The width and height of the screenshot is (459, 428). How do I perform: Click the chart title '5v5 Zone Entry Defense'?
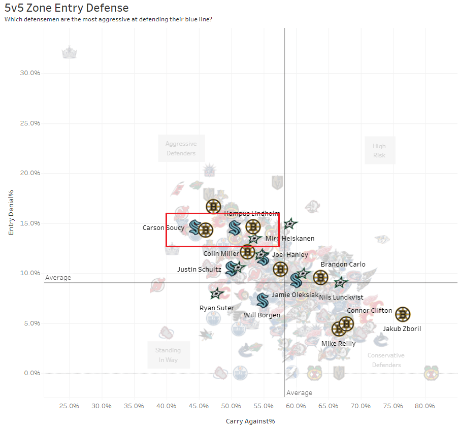(67, 8)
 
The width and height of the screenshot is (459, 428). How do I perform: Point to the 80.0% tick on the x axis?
(424, 406)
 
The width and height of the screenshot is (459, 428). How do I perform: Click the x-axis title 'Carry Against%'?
(250, 421)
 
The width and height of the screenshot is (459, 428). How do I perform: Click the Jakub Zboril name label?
(402, 329)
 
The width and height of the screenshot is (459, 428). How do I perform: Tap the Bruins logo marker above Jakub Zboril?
(402, 315)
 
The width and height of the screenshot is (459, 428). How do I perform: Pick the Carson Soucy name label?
(163, 228)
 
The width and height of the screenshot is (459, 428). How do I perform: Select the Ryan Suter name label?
(217, 308)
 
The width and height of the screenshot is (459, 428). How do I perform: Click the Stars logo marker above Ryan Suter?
(217, 293)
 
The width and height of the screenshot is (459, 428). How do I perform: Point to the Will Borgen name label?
(262, 315)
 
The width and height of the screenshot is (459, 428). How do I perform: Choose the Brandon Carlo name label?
(343, 265)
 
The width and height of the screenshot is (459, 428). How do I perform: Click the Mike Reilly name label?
(338, 343)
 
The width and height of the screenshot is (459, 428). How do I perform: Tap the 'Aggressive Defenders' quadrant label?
(181, 148)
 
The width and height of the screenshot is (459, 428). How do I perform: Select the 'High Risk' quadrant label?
(379, 151)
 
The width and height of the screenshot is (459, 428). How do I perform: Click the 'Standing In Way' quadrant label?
(168, 355)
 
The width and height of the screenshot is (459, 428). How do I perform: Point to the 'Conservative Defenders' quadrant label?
(386, 360)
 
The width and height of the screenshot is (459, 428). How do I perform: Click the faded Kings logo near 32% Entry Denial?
(69, 52)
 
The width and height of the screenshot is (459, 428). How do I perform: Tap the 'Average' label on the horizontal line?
(58, 278)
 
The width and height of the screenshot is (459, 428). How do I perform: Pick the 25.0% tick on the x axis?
(69, 406)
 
